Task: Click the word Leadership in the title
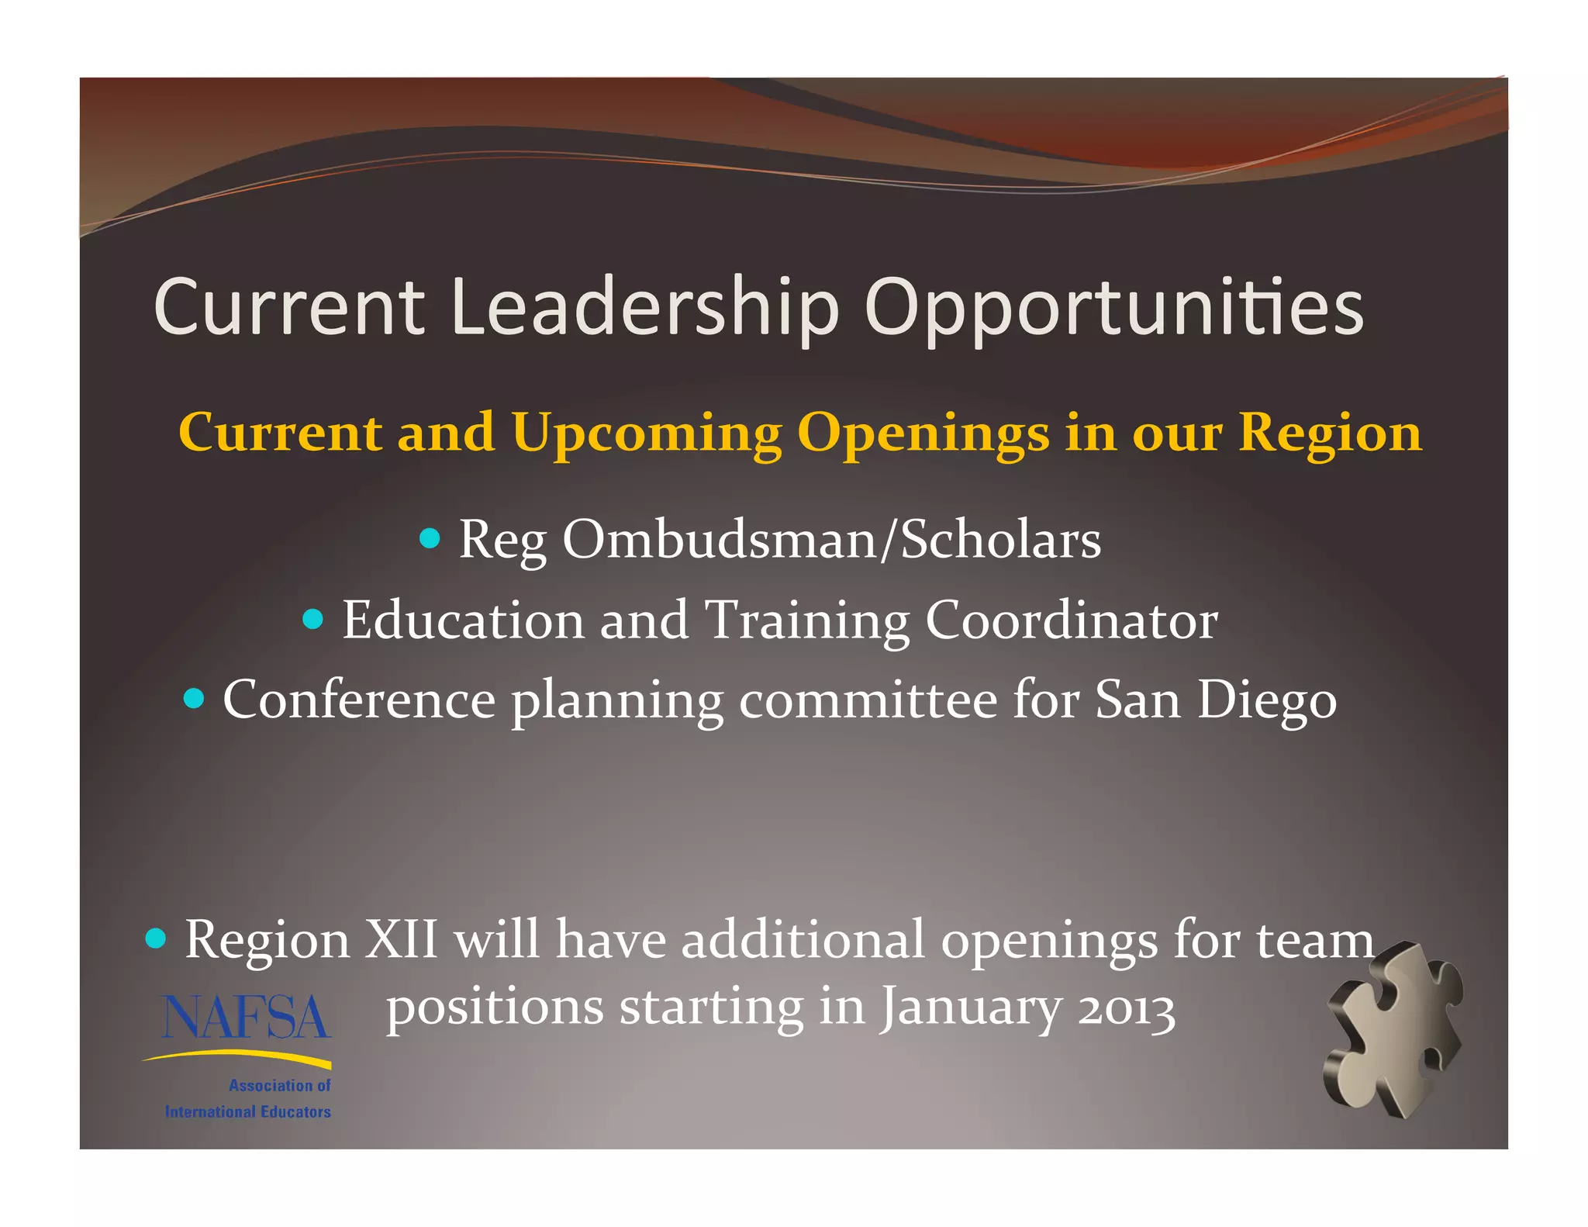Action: coord(644,307)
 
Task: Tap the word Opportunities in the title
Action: coord(1113,307)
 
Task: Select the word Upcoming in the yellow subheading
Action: coord(647,433)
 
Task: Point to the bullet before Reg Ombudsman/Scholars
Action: coord(430,537)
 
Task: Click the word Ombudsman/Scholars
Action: coord(831,539)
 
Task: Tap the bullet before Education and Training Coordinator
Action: coord(312,619)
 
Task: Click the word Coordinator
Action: coord(1072,620)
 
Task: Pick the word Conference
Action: coord(359,700)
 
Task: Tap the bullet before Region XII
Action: coord(156,939)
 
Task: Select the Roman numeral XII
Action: coord(401,939)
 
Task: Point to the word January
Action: coord(969,1008)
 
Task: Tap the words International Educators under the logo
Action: coord(247,1112)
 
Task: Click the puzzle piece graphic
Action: coord(1393,1029)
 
